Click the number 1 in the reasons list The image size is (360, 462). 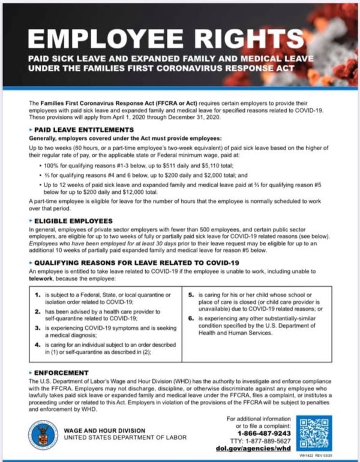[x=38, y=295]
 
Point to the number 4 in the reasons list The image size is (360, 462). [x=38, y=345]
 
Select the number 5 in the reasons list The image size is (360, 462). [x=191, y=295]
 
